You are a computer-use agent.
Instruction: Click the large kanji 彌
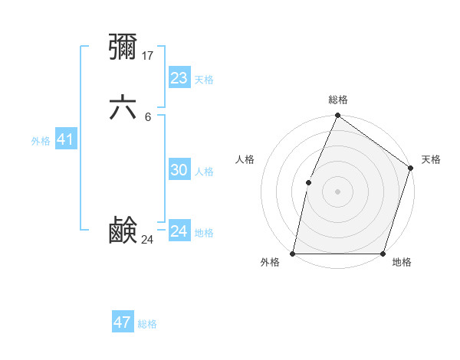[123, 47]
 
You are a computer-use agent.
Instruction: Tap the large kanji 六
[123, 108]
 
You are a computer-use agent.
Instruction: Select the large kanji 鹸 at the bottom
[123, 231]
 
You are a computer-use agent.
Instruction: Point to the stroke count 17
[149, 55]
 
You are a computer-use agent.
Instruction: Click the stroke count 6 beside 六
[147, 116]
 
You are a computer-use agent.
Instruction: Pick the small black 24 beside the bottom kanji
[148, 240]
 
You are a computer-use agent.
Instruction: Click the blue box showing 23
[179, 77]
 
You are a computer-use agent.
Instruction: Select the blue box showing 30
[179, 170]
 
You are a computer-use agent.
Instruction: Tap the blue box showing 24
[179, 231]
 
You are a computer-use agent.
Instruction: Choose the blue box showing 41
[65, 139]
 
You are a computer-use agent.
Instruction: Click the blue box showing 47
[122, 322]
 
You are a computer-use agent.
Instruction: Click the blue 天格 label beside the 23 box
[204, 80]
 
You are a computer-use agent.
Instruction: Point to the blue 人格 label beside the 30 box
[204, 172]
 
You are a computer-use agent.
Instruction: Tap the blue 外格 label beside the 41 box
[41, 141]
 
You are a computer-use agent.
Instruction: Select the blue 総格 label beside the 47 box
[147, 324]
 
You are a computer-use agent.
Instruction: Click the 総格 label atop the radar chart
[337, 100]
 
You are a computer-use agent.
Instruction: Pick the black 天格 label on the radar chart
[431, 159]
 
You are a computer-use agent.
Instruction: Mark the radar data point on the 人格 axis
[308, 182]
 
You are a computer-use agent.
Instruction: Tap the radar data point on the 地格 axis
[383, 254]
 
